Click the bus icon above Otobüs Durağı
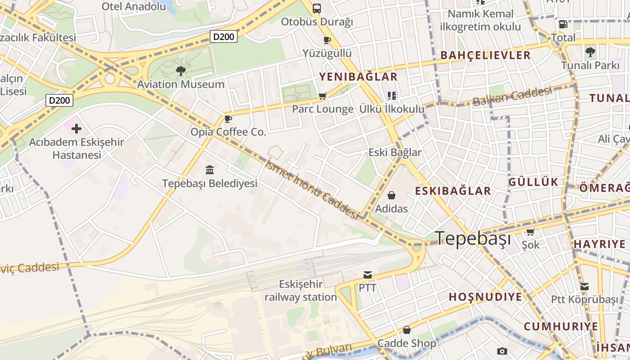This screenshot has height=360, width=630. (x=317, y=8)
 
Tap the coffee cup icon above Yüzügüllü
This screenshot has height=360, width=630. (x=327, y=40)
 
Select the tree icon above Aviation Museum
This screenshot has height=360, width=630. (x=180, y=71)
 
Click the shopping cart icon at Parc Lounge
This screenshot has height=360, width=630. (x=322, y=96)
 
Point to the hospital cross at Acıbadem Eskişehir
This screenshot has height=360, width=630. (x=76, y=129)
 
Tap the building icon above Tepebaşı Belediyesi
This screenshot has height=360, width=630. (x=210, y=170)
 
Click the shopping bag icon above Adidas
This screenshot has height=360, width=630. (x=391, y=195)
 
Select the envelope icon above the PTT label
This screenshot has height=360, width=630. (x=368, y=274)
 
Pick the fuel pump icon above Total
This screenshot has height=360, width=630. (x=563, y=24)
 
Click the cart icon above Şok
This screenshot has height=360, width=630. (x=531, y=232)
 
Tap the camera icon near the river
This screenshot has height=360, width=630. (x=502, y=351)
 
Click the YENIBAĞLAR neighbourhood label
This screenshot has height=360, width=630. (x=359, y=76)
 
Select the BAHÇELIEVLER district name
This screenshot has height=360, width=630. (x=486, y=55)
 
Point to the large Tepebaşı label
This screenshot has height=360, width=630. (x=473, y=238)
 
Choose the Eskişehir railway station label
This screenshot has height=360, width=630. (x=301, y=291)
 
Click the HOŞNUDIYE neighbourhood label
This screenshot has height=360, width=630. (x=485, y=297)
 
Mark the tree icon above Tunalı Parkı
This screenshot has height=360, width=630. (x=590, y=52)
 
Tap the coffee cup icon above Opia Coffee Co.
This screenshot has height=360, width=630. (x=228, y=119)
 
